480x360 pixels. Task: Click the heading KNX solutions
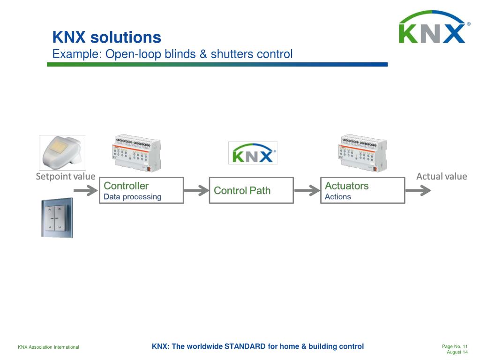(106, 37)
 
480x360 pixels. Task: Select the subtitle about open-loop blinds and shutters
(172, 54)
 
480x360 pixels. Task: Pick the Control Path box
(251, 190)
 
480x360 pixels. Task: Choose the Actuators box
(362, 190)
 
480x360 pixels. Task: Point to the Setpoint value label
(66, 177)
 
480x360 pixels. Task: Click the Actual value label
(442, 176)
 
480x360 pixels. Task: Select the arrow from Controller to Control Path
(196, 190)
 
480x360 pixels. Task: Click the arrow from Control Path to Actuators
(307, 190)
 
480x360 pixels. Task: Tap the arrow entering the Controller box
(85, 190)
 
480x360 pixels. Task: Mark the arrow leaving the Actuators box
(418, 190)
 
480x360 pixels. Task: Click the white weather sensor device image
(62, 153)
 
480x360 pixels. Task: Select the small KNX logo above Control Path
(253, 153)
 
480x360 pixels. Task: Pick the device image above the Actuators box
(362, 154)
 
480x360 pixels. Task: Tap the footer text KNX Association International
(48, 347)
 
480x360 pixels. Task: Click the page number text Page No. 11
(455, 346)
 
